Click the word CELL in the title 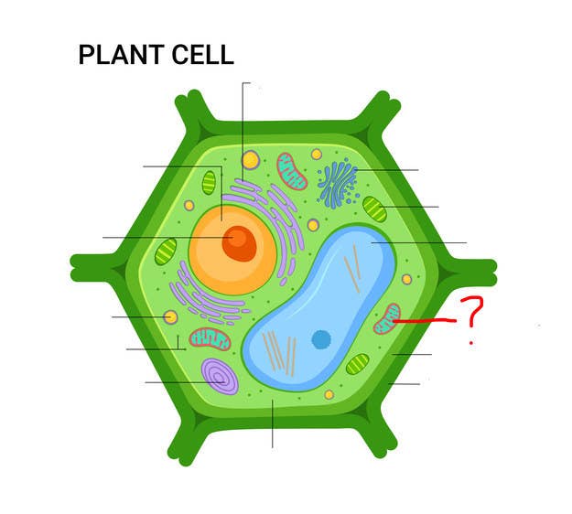[x=202, y=55]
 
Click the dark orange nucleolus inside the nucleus [x=239, y=243]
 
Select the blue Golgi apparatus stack [x=338, y=183]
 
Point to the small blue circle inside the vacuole [x=321, y=339]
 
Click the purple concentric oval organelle [x=220, y=376]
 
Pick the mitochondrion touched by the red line [x=387, y=318]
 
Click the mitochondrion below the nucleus [x=210, y=339]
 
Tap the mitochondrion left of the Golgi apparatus [x=291, y=171]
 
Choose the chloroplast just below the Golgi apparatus [x=374, y=209]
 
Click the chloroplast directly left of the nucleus [x=166, y=252]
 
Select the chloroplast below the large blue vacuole [x=358, y=364]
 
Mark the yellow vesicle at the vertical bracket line [x=251, y=160]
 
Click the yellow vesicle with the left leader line [x=170, y=317]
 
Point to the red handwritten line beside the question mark [x=425, y=321]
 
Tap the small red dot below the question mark [x=471, y=343]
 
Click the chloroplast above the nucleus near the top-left [x=209, y=183]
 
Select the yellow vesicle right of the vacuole [x=406, y=280]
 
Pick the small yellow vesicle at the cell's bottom [x=329, y=394]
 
